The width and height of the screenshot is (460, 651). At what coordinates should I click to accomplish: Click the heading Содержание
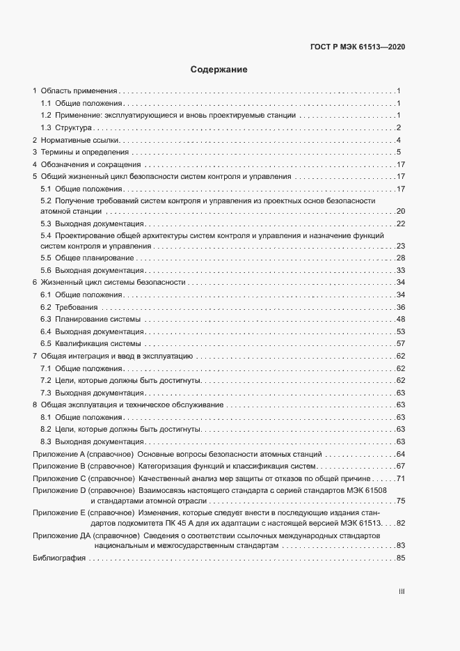[x=219, y=70]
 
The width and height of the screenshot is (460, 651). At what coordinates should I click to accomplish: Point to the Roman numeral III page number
[x=402, y=592]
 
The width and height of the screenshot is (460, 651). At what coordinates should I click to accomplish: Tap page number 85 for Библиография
[x=400, y=559]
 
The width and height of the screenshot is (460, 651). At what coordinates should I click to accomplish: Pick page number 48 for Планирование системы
[x=400, y=320]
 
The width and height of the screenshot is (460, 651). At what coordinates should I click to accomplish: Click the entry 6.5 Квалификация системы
[x=91, y=344]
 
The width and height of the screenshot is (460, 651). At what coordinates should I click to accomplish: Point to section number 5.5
[x=46, y=258]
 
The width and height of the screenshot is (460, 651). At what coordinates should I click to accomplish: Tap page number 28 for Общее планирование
[x=400, y=258]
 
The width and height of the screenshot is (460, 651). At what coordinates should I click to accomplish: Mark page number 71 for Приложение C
[x=400, y=479]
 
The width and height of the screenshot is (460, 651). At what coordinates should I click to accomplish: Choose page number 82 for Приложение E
[x=400, y=523]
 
